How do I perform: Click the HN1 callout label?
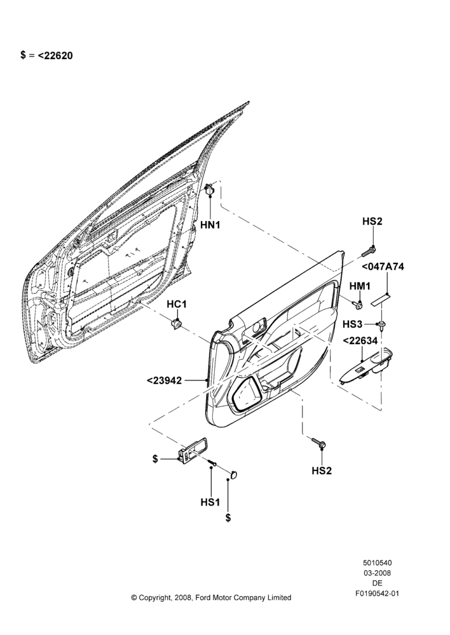[x=210, y=225]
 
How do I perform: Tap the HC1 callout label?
[x=177, y=304]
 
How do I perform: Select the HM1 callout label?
[x=360, y=286]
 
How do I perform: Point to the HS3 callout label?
[x=352, y=324]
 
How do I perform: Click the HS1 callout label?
[x=210, y=502]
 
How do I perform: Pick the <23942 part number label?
[x=164, y=380]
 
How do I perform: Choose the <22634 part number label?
[x=360, y=341]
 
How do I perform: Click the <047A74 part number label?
[x=382, y=267]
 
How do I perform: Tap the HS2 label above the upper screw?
[x=372, y=221]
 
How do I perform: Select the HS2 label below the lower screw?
[x=322, y=471]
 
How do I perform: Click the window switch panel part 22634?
[x=367, y=366]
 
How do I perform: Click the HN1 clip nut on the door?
[x=210, y=189]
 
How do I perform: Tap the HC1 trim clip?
[x=176, y=324]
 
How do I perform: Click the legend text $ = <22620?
[x=46, y=55]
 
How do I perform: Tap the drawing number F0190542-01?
[x=377, y=593]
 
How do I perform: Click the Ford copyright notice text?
[x=211, y=598]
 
